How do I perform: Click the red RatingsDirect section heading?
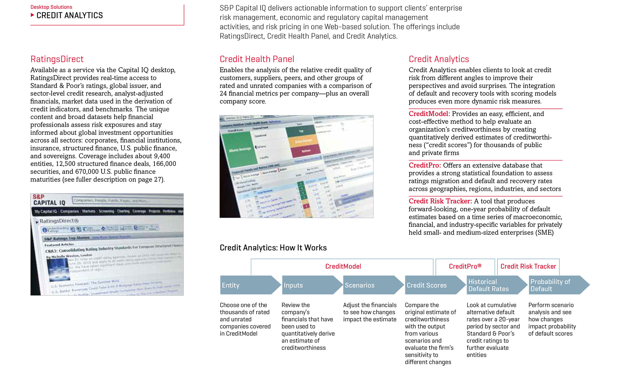pos(57,59)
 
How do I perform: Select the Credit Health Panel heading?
pos(257,59)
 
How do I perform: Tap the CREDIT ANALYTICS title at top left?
pos(70,15)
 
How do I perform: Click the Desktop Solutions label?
pos(51,7)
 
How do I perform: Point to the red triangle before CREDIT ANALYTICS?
pos(32,15)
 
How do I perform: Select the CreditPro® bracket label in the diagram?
pos(465,266)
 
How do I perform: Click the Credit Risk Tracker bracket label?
pos(528,266)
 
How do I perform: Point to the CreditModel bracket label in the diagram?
pos(343,266)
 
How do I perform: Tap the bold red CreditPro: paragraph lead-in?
pos(425,165)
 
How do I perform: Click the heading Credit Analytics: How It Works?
pos(273,248)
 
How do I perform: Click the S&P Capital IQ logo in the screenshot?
pos(49,200)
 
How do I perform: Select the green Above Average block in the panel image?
pos(239,149)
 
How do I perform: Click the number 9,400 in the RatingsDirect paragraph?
pos(162,156)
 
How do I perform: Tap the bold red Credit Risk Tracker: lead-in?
pos(440,201)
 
